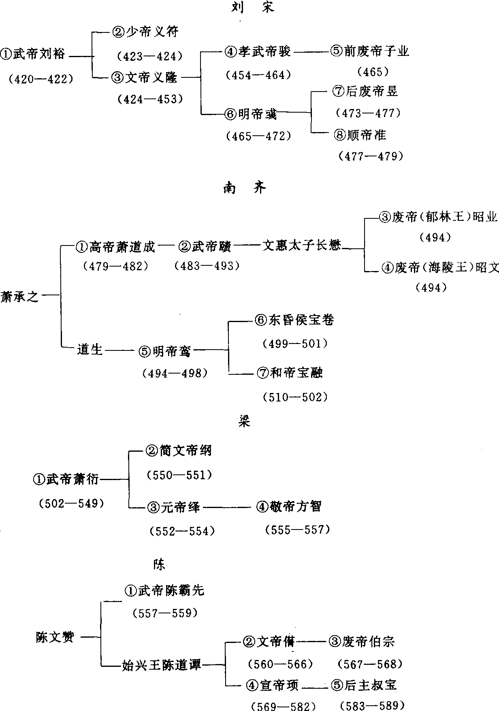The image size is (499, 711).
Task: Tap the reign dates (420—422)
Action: tap(41, 79)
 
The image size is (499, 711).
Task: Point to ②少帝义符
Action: tap(145, 32)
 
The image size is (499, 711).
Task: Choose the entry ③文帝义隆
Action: tap(145, 77)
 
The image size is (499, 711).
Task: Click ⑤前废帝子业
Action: tap(370, 51)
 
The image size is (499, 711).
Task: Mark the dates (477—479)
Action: tap(370, 156)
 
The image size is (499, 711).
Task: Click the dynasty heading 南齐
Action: tap(245, 188)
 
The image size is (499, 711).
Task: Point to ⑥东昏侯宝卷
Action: tap(294, 320)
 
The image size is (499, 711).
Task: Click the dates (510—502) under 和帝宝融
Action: tap(295, 397)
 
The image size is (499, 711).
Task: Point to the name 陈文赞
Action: tap(55, 637)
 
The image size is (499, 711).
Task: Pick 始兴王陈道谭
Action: tap(162, 665)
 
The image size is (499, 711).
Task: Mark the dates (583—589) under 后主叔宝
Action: tap(372, 705)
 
